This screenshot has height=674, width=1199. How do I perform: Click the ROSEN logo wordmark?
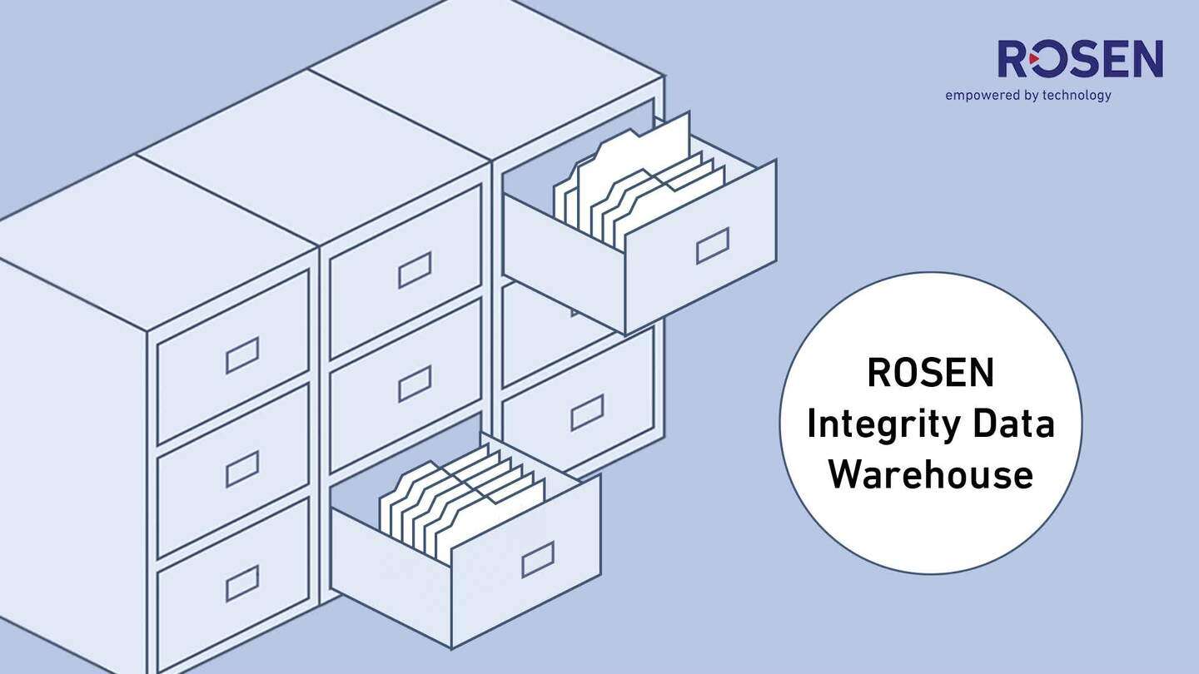click(1080, 60)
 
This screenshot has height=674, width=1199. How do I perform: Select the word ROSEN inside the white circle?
click(930, 373)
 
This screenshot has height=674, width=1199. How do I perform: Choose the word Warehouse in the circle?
click(930, 474)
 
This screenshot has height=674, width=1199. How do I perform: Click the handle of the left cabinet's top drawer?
click(242, 354)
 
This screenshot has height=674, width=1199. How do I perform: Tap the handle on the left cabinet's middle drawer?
click(242, 468)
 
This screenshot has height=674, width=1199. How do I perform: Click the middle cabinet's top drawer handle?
click(415, 270)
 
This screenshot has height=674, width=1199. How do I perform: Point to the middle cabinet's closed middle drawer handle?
click(415, 383)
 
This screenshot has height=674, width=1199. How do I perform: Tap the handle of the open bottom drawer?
click(538, 559)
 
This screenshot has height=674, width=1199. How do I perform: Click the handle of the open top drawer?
click(713, 245)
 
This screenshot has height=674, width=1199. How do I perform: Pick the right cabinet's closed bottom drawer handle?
click(587, 413)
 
